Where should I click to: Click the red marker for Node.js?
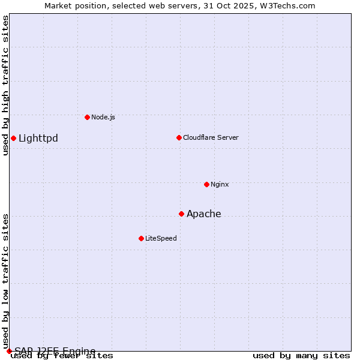point(87,117)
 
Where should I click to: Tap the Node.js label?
point(103,117)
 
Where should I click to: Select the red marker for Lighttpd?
point(13,139)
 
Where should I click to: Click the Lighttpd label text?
point(38,139)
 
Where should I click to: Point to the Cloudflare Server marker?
point(179,137)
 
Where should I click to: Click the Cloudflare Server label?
point(211,137)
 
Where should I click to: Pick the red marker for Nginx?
point(206,184)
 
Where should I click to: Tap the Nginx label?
point(220,184)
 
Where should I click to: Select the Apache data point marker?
point(181,214)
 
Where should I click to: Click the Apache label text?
point(204,214)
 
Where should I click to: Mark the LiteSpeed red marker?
point(141,238)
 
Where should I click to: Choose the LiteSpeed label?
point(161,238)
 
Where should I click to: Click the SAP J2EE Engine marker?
point(9,351)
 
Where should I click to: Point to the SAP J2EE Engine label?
point(55,351)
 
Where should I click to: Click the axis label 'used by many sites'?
point(301,356)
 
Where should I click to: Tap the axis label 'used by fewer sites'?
point(62,356)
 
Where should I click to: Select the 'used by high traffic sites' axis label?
point(6,85)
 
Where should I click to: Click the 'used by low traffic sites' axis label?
point(6,281)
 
